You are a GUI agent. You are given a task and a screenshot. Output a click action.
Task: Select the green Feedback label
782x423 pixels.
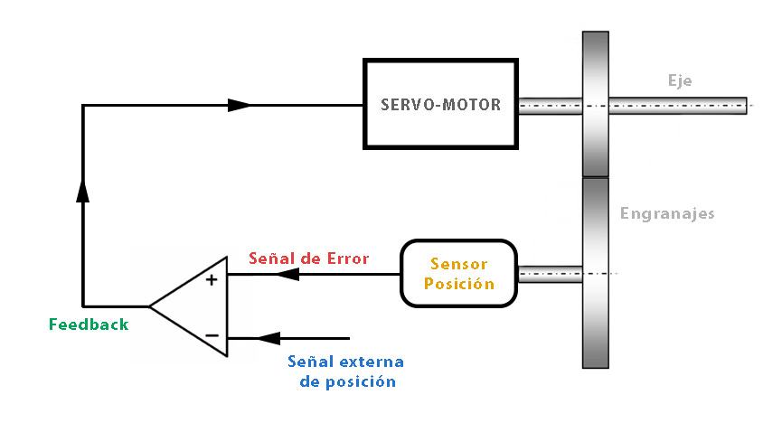click(x=89, y=324)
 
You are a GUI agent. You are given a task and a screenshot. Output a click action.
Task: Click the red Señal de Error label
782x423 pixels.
click(x=308, y=258)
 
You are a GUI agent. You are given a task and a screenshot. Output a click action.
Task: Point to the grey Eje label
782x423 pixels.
click(x=680, y=80)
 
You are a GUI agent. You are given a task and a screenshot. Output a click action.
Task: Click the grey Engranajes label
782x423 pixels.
click(x=667, y=213)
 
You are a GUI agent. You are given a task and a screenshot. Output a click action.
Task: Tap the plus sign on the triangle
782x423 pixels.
click(x=212, y=280)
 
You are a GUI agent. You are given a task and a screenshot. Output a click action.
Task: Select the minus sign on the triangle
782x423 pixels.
click(x=212, y=335)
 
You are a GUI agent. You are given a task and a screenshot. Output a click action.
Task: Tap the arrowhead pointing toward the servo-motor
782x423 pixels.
click(x=239, y=105)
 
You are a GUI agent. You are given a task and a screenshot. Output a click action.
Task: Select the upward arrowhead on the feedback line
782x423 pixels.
click(x=83, y=191)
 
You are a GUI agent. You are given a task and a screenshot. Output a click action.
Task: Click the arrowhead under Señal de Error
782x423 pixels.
click(x=287, y=274)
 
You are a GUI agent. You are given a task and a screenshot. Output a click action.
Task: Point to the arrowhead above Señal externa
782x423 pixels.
click(x=269, y=338)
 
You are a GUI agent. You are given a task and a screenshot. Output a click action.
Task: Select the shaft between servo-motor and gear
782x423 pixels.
click(x=550, y=106)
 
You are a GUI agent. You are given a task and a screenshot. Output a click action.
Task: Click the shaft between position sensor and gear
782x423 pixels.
click(x=550, y=275)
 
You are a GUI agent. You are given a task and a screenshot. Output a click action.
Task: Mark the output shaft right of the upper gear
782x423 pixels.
click(x=678, y=106)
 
